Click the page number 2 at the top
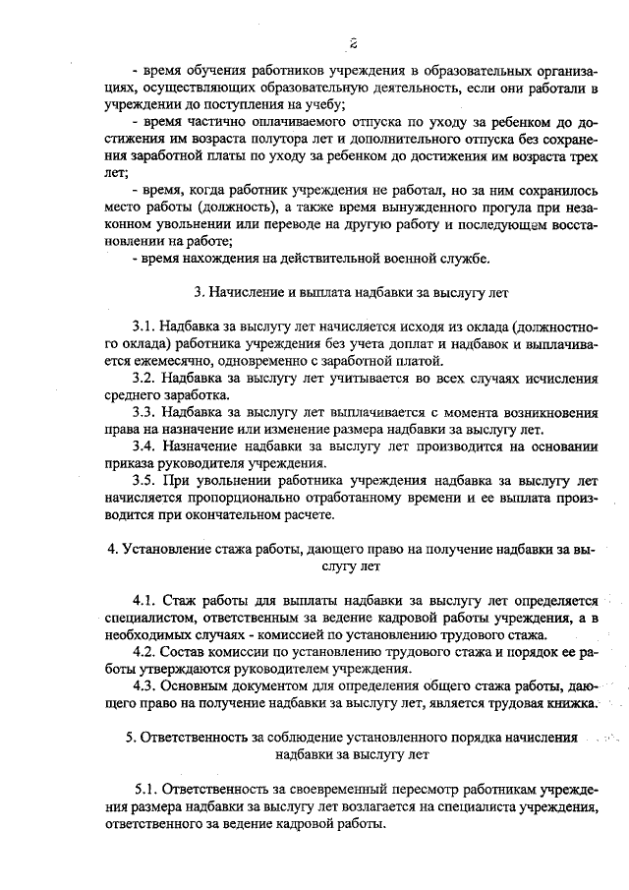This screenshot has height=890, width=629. tap(351, 42)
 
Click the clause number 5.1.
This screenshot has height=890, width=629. tap(145, 789)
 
